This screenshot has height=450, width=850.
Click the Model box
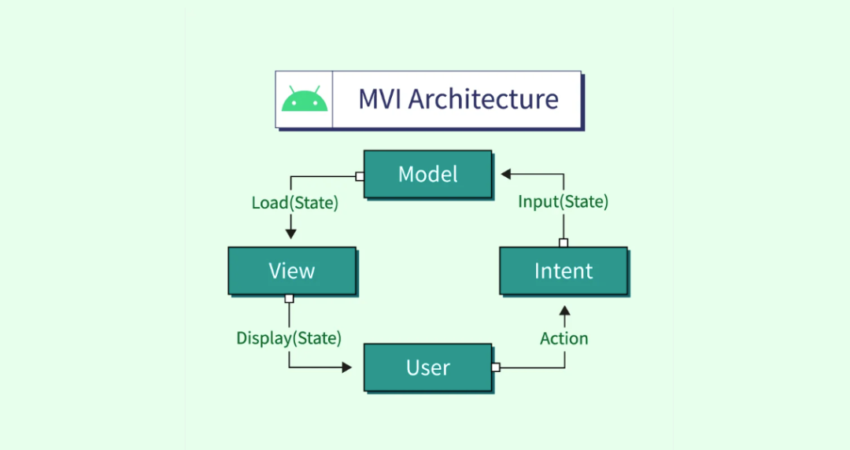[427, 174]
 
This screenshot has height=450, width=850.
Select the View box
[291, 271]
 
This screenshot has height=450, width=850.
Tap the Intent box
[563, 271]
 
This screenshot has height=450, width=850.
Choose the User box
[427, 367]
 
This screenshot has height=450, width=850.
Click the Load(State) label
[294, 203]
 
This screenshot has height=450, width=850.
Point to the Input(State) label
[563, 202]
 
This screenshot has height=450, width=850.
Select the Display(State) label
[289, 338]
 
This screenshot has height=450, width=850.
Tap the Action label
[564, 338]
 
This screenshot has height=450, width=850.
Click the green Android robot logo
[305, 100]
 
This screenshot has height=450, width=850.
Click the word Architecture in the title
[483, 99]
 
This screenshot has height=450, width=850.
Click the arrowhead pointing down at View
[290, 234]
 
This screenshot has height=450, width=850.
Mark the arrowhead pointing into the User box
[346, 367]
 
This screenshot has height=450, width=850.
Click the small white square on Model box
[360, 176]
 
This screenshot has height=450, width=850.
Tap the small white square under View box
[289, 298]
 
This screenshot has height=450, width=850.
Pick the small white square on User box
[495, 367]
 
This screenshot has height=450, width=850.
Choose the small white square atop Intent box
[564, 243]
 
